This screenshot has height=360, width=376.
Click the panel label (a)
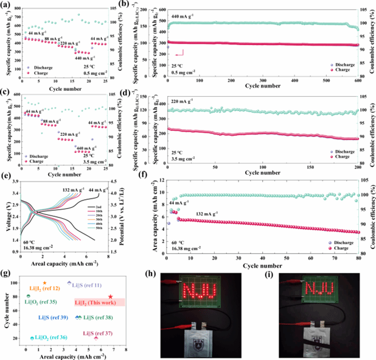(6, 4)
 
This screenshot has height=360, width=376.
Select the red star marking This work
(110, 296)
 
